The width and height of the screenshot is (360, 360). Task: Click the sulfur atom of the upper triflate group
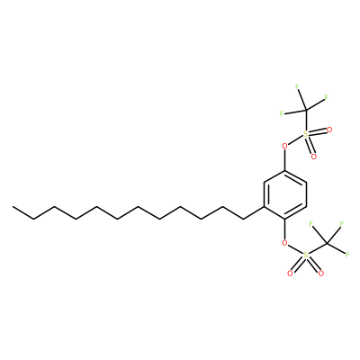pyautogui.click(x=305, y=134)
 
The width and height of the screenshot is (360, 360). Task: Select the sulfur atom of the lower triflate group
pyautogui.click(x=305, y=256)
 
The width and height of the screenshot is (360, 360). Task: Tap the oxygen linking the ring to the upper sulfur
pyautogui.click(x=284, y=147)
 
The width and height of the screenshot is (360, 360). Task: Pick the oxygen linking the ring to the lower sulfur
pyautogui.click(x=284, y=242)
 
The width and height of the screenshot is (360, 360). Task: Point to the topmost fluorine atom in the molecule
pyautogui.click(x=297, y=87)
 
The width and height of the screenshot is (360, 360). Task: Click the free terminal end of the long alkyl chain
pyautogui.click(x=13, y=207)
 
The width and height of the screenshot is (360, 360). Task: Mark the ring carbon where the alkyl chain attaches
pyautogui.click(x=264, y=207)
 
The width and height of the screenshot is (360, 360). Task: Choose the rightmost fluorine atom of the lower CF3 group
pyautogui.click(x=347, y=255)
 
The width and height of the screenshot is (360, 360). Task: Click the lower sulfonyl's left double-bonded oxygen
pyautogui.click(x=290, y=274)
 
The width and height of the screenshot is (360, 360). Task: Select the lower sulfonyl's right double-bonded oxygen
pyautogui.click(x=321, y=274)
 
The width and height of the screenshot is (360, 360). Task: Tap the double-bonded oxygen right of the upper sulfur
pyautogui.click(x=329, y=130)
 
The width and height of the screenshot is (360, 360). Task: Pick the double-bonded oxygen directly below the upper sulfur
pyautogui.click(x=314, y=157)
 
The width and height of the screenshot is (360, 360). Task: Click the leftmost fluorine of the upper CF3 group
pyautogui.click(x=282, y=113)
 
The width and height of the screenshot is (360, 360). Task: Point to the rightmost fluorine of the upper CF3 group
pyautogui.click(x=326, y=97)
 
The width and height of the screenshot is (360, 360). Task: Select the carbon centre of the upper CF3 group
pyautogui.click(x=305, y=110)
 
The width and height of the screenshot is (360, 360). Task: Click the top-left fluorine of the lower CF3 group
pyautogui.click(x=310, y=224)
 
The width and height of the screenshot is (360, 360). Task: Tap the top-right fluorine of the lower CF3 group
pyautogui.click(x=342, y=224)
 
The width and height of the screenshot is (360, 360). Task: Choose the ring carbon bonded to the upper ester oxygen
pyautogui.click(x=284, y=171)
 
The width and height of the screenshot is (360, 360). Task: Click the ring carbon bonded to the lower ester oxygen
pyautogui.click(x=284, y=219)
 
